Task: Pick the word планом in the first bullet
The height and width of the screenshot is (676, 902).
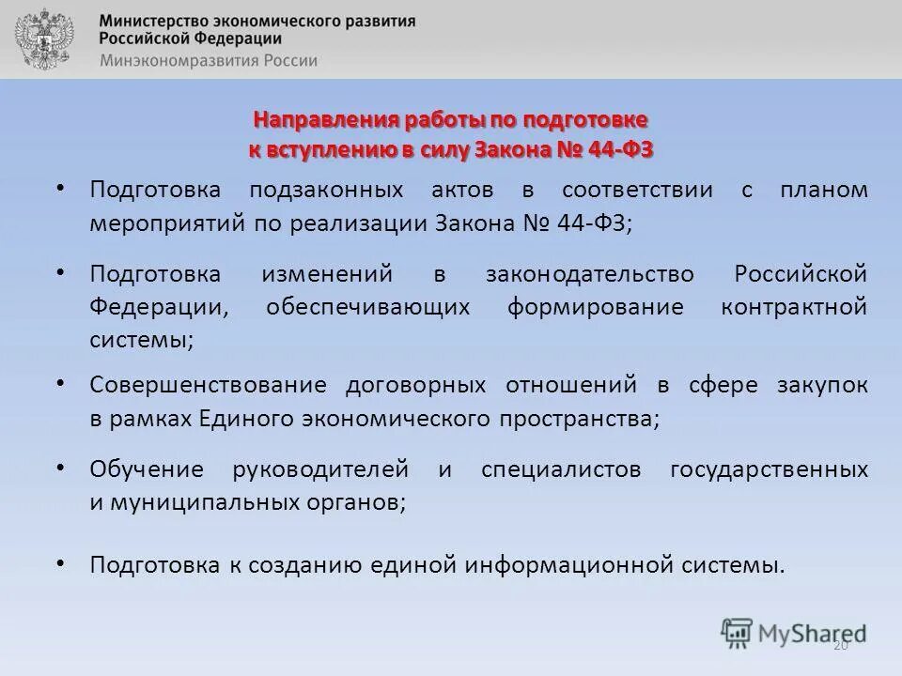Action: click(824, 190)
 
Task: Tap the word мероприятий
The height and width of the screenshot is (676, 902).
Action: click(165, 224)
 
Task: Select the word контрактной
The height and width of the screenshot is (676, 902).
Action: click(794, 307)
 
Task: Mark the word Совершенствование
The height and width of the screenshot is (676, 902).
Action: click(209, 385)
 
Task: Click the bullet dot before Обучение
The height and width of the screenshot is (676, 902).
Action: click(60, 467)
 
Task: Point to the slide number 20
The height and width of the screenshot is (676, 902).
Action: click(840, 644)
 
